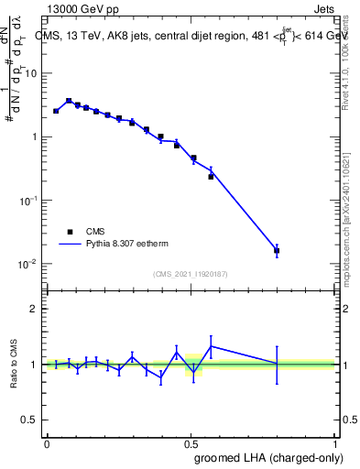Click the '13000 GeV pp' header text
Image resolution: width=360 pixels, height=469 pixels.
coord(82,9)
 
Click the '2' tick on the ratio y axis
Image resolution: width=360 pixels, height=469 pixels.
coord(36,309)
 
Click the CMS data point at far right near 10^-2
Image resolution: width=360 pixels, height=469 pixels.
coord(277,250)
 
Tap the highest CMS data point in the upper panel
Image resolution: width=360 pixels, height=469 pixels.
coord(69,101)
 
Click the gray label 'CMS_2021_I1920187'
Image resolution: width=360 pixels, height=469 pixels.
coord(191,273)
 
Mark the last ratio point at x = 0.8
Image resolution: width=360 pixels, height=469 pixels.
coord(277,365)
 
